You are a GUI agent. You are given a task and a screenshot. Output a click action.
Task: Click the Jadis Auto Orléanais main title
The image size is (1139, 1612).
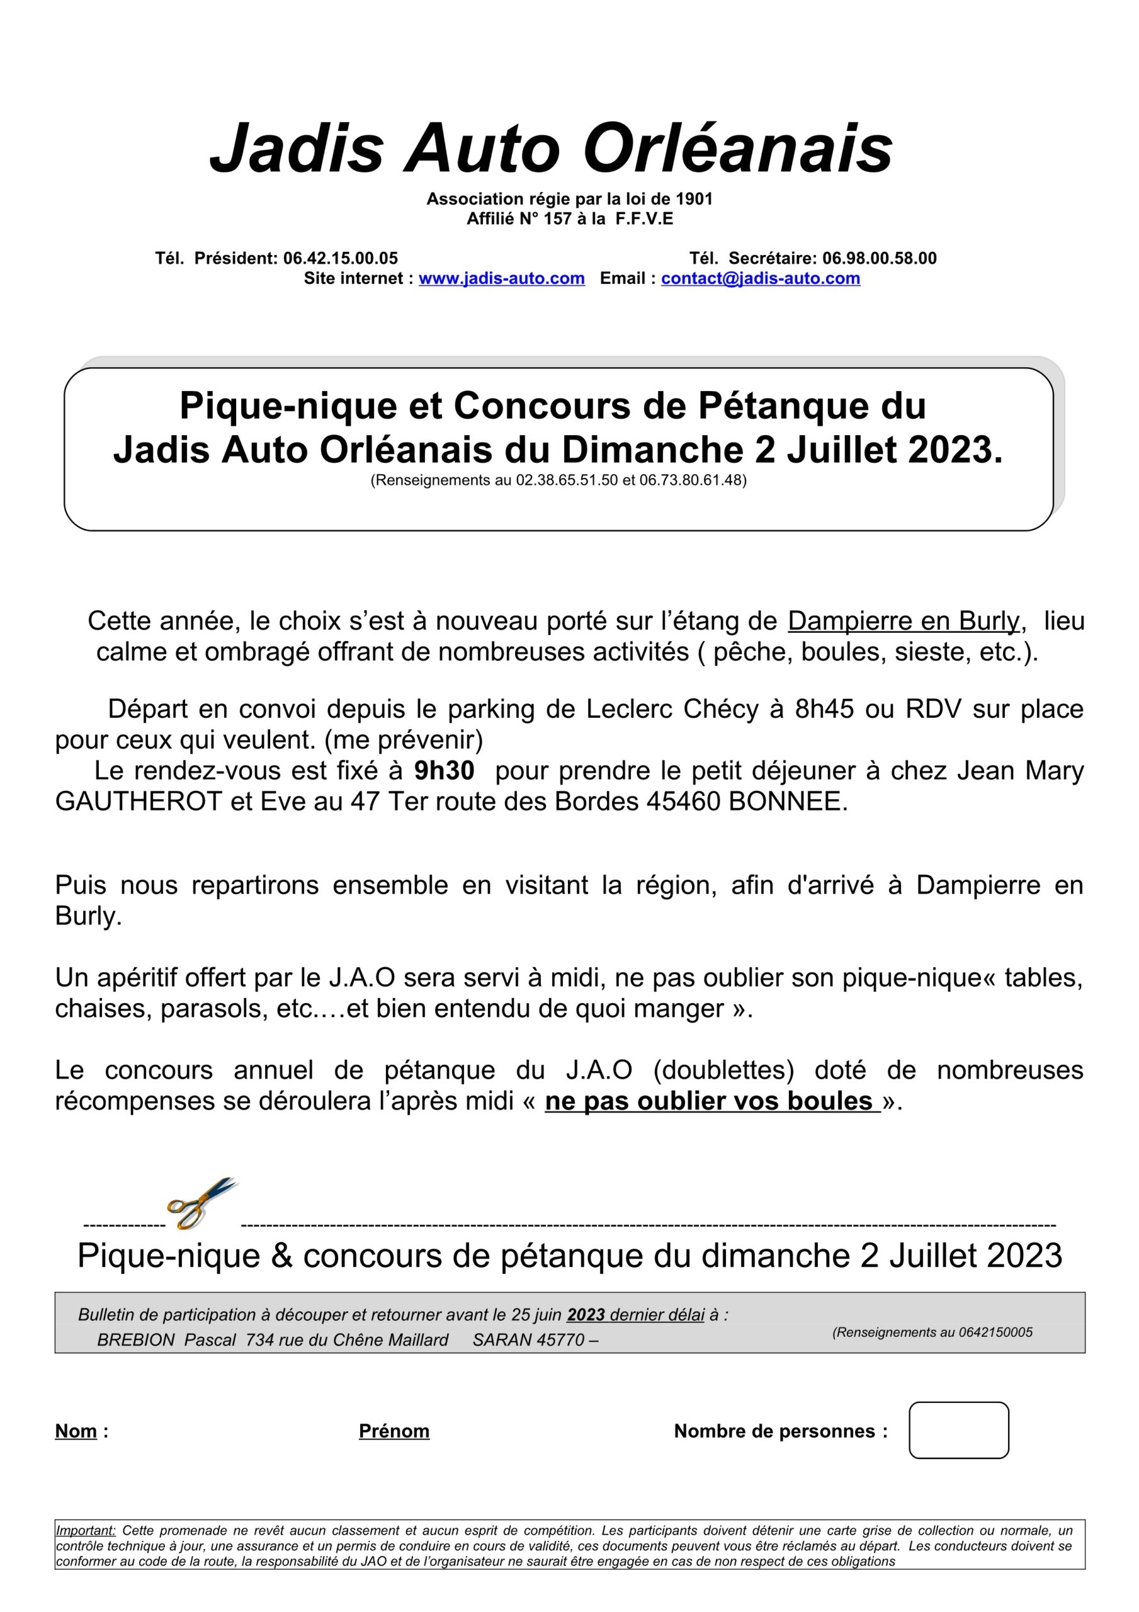tap(552, 148)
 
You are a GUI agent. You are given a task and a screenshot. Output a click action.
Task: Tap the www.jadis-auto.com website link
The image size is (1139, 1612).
tap(501, 278)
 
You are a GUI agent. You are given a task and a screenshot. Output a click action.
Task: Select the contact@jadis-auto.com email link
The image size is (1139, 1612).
tap(760, 278)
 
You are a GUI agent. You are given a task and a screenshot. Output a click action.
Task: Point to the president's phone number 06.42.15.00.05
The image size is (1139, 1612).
tap(341, 258)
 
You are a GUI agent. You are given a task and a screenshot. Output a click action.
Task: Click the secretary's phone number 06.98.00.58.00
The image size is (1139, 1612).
tap(879, 258)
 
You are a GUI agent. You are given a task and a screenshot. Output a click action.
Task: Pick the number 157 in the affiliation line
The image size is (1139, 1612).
tap(558, 219)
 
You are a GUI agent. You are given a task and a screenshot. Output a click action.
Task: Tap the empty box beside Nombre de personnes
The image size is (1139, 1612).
tap(958, 1430)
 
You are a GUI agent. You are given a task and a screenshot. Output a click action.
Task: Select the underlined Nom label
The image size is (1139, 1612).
tap(76, 1431)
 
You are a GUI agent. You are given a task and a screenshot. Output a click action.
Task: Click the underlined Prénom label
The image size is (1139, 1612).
tap(394, 1431)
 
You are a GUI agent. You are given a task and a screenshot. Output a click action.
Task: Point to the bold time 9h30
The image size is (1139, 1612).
tap(444, 770)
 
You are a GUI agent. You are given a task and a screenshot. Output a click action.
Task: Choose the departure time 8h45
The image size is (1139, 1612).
tap(824, 709)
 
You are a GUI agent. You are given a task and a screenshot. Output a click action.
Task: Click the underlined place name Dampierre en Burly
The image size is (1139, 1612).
tap(903, 621)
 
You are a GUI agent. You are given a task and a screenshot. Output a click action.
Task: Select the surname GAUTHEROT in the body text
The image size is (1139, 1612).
tap(139, 801)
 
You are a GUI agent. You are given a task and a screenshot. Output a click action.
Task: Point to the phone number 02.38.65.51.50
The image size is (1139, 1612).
tap(567, 480)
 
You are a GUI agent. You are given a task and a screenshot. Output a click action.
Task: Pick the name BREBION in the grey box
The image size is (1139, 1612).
tap(136, 1339)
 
